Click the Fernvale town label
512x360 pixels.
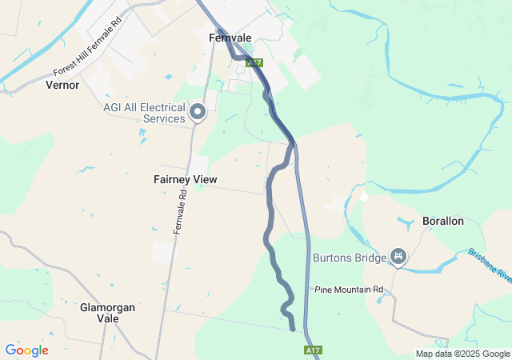coord(230,38)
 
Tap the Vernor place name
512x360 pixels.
coord(62,84)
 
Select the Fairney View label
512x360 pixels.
coord(185,180)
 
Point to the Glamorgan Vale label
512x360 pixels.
coord(107,312)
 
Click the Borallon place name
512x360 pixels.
coord(442,221)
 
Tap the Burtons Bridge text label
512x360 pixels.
coord(349,258)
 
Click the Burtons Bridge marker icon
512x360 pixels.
coord(398,257)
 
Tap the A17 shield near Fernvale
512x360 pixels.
coord(254,62)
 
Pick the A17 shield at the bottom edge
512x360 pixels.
coord(313,350)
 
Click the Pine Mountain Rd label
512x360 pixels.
coord(350,289)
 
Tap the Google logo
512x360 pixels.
coord(26,350)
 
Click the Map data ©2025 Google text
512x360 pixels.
coord(462,354)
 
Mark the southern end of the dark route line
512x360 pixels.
coord(293,328)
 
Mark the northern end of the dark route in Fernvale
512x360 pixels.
coord(218,32)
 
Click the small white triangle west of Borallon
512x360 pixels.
coord(365,194)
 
